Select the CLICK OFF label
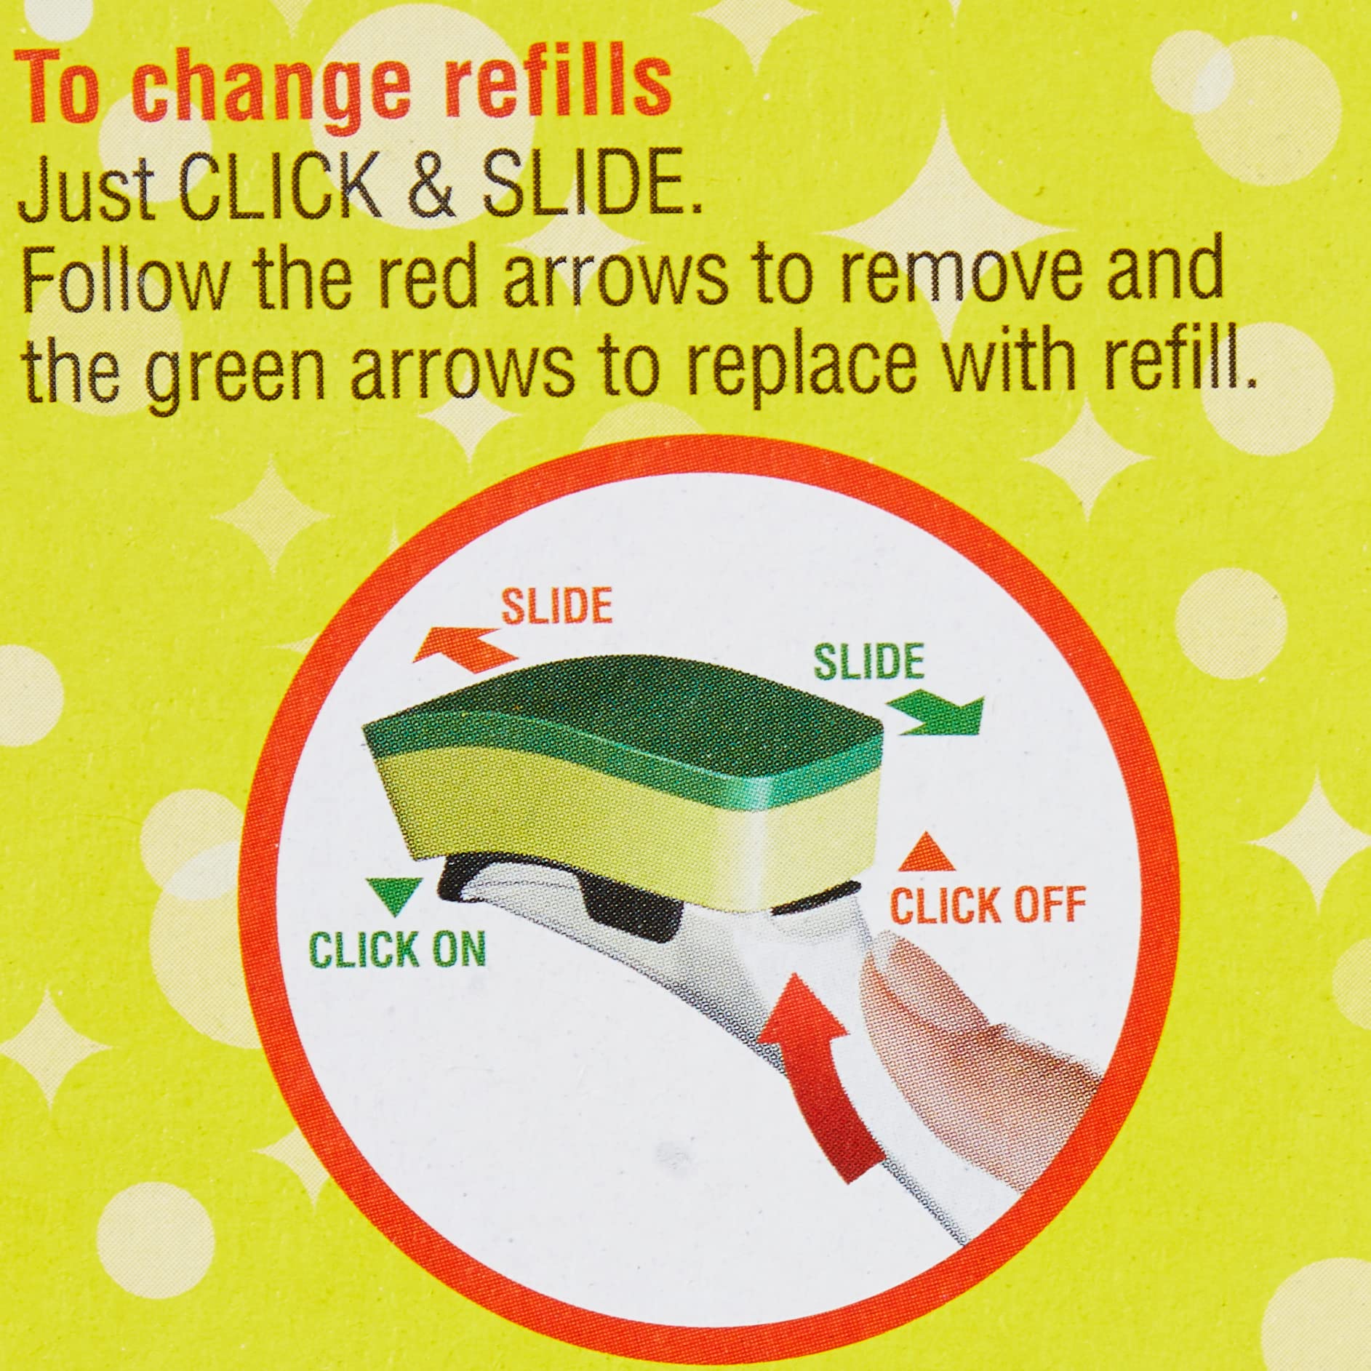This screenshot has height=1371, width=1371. [988, 904]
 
